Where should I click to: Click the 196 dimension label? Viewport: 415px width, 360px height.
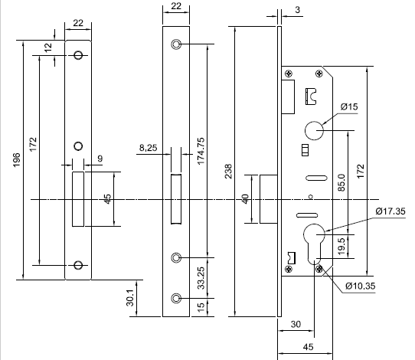17,160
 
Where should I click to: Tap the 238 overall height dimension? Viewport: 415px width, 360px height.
228,172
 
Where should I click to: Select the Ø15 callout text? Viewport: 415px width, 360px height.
349,106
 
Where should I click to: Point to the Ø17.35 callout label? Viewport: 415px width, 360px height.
390,211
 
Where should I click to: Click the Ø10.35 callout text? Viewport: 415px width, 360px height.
361,286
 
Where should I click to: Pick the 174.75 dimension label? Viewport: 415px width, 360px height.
201,151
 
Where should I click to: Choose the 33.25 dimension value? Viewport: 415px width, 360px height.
201,278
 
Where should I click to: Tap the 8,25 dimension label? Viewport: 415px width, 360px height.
149,148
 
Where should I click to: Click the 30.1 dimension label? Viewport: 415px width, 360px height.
130,298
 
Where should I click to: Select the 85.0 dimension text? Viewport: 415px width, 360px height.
341,182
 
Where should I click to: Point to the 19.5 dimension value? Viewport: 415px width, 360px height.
341,247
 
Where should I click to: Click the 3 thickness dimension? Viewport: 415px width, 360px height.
298,10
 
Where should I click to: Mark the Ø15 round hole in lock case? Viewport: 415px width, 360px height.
314,130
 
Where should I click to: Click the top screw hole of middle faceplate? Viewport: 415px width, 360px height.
176,44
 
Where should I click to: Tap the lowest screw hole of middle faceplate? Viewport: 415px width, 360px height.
176,298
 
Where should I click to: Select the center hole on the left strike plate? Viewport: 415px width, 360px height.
78,146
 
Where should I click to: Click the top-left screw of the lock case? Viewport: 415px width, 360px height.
289,74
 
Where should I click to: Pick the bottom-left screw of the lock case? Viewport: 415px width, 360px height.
289,269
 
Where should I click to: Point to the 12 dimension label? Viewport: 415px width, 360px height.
48,47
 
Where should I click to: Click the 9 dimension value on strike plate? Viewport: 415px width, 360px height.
100,159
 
